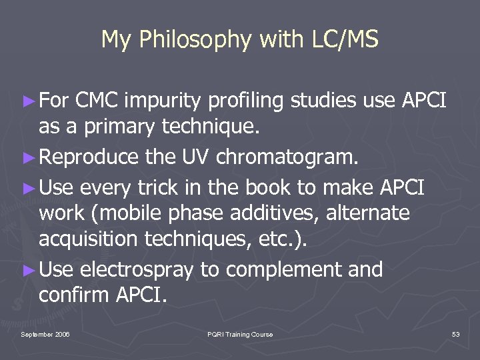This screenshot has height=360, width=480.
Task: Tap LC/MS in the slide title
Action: pos(345,40)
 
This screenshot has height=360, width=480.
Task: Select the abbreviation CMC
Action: pos(98,101)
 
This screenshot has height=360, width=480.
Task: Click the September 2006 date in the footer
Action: pos(45,334)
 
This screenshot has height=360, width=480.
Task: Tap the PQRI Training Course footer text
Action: pos(239,334)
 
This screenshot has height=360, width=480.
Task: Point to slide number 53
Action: pos(455,334)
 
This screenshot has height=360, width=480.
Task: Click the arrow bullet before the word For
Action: pos(27,102)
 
